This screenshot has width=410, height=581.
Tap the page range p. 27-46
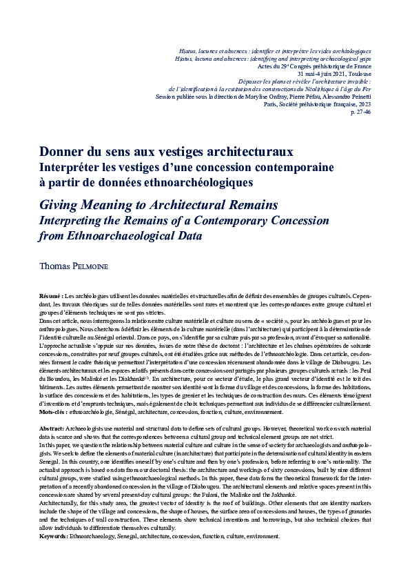point(361,112)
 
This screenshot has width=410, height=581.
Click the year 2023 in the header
point(364,104)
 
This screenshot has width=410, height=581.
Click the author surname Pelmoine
point(90,265)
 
